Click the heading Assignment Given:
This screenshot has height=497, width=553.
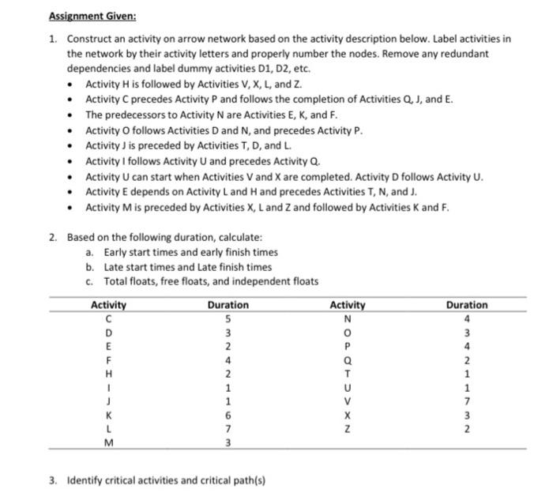tap(92, 15)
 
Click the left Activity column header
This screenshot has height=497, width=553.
tap(109, 304)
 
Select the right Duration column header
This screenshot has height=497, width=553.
tap(466, 304)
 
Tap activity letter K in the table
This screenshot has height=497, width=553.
tap(108, 414)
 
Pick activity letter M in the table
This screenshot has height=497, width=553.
tap(108, 442)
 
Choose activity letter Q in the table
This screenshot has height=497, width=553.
tap(348, 360)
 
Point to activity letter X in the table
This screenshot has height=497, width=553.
tap(348, 414)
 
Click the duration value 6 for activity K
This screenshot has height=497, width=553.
tap(228, 414)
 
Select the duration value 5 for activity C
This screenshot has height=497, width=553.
tap(228, 318)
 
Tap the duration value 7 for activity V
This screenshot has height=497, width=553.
tap(466, 401)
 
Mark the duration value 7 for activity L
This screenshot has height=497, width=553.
tap(228, 427)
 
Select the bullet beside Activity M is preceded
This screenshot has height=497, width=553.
tap(71, 207)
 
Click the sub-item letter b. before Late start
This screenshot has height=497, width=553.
tap(90, 266)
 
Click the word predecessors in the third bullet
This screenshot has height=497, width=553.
tap(130, 115)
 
